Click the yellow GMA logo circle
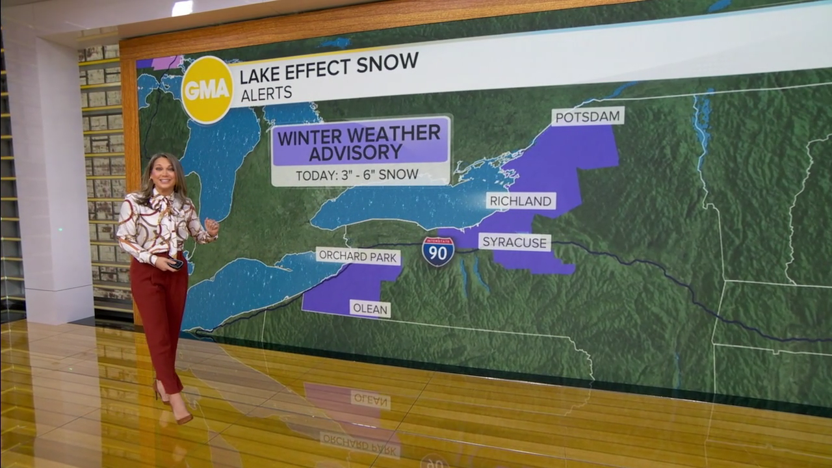point(207,90)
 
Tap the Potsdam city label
point(588,116)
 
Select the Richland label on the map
point(520,201)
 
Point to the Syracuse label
point(515,242)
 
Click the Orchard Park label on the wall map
point(357,256)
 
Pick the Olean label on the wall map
point(370,309)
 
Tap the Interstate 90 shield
point(438,252)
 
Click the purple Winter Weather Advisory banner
point(361,142)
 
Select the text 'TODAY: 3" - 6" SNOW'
point(357,175)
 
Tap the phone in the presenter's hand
point(175,263)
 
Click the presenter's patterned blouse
point(159,224)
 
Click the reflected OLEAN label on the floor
point(370,398)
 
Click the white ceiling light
point(182,8)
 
